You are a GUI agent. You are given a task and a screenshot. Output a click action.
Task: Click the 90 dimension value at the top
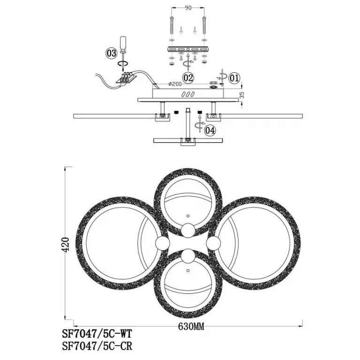188,8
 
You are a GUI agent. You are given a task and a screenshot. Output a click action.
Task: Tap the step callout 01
234,78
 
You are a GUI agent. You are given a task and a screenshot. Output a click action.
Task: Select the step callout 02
188,78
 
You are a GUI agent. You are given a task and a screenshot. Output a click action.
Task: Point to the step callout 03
111,54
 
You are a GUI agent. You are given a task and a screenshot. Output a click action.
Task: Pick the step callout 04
210,130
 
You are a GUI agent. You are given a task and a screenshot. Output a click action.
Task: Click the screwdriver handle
123,44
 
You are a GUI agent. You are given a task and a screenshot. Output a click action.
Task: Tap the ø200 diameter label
175,84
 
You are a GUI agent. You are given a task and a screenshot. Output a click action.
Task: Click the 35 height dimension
242,95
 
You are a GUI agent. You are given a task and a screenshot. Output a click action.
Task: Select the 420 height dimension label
65,245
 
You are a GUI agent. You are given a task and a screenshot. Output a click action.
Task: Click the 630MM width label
191,326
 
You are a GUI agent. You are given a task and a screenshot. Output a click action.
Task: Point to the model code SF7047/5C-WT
97,334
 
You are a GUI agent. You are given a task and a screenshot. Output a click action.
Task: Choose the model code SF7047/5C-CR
97,346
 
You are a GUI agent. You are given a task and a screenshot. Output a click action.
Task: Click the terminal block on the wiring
126,77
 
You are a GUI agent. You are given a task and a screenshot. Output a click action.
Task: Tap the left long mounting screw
172,26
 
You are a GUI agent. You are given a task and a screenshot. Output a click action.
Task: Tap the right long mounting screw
204,26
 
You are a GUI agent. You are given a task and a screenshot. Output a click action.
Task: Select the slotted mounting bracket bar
188,49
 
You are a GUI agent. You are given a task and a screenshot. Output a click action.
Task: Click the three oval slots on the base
188,94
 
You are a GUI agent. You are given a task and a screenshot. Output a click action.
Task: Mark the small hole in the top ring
188,216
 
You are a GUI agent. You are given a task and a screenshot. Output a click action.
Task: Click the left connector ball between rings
162,244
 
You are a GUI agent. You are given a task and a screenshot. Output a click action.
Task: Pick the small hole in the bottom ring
188,271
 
